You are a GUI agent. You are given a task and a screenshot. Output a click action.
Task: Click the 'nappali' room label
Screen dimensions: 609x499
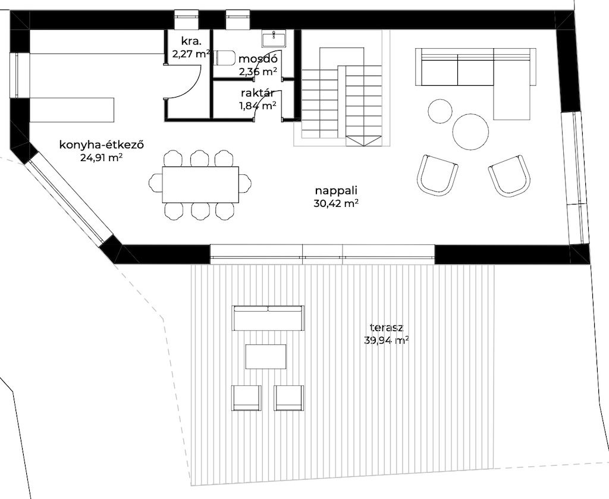point(336,191)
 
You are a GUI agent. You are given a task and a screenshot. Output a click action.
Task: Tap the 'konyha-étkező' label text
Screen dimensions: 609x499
point(102,145)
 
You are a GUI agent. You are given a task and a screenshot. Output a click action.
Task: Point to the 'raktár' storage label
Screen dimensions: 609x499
point(258,93)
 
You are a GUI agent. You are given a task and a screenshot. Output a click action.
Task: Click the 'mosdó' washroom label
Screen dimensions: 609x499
point(258,59)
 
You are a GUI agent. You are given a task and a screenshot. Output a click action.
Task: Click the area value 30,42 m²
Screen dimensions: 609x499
point(336,203)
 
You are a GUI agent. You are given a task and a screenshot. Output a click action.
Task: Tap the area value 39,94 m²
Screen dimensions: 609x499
point(387,341)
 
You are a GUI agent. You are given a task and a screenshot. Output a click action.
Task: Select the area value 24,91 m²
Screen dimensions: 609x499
point(102,158)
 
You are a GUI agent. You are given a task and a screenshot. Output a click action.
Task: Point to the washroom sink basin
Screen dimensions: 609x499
point(274,39)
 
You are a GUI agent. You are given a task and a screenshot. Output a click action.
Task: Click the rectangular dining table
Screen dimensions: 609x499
point(200,184)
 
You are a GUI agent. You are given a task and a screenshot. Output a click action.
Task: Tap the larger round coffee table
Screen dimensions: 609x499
point(470,132)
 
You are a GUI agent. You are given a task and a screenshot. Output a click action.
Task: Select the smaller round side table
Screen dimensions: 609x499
point(440,111)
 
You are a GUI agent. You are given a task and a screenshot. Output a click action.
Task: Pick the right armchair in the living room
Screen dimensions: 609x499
point(509,176)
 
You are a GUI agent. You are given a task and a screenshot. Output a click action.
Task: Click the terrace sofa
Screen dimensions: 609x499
point(268,318)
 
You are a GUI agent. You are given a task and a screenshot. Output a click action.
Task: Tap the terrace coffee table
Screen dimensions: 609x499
point(266,356)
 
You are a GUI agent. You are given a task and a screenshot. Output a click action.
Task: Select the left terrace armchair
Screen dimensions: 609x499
point(246,398)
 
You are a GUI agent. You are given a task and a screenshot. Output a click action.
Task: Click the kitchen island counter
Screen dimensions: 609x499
point(72,110)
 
